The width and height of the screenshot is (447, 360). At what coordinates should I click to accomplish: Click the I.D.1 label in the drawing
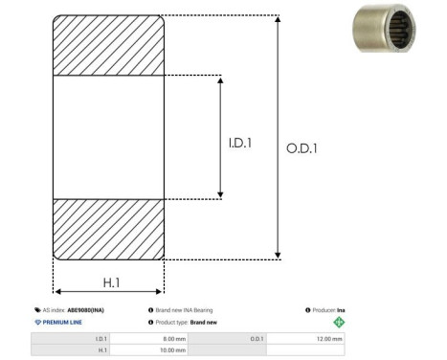point(240,143)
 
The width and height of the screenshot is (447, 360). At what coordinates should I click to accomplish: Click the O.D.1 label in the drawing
point(302,149)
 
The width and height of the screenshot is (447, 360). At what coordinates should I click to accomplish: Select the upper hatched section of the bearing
point(108,45)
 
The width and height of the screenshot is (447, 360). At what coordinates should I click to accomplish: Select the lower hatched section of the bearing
point(108,228)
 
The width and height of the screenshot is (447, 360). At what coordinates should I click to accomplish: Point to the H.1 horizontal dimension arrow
point(108,292)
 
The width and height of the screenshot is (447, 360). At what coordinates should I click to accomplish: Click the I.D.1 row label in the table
point(101,339)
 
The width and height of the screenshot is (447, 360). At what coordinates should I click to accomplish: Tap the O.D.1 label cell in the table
point(257,339)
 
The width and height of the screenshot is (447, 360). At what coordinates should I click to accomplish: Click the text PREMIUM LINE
point(62,323)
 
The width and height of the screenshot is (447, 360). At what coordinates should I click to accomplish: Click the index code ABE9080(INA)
point(86,310)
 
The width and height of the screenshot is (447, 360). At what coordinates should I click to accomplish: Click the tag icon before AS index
point(36,310)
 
